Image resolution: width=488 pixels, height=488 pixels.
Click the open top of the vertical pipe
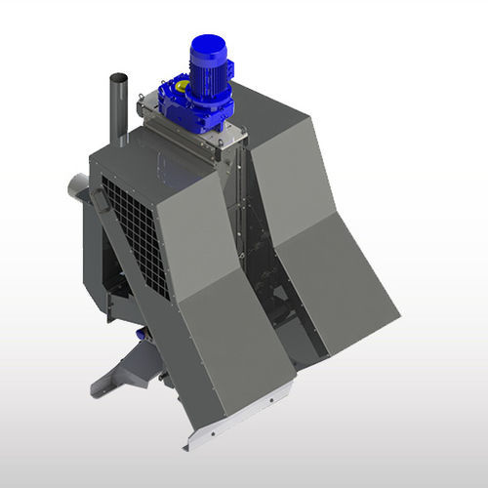[x=118, y=77]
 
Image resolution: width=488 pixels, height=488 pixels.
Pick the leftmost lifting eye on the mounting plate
[x=142, y=98]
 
